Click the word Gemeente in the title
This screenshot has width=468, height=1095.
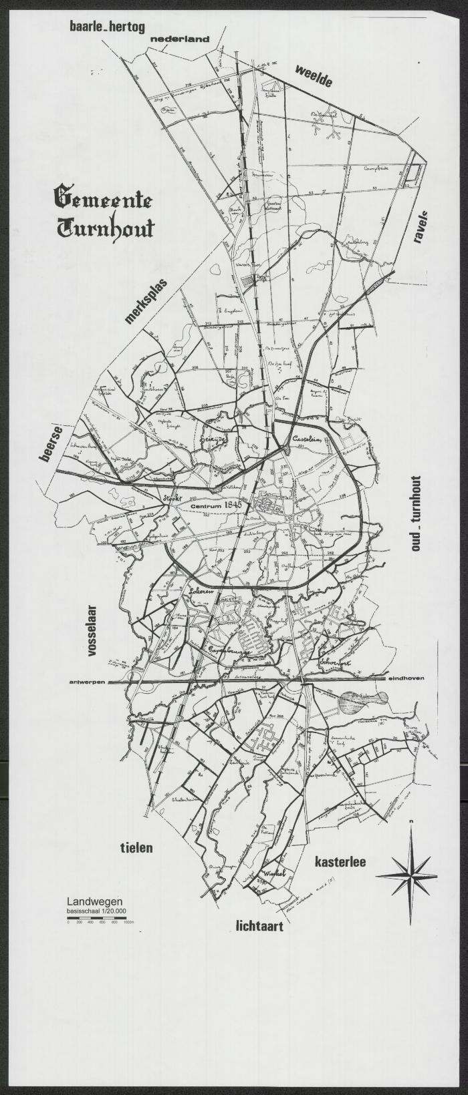pyautogui.click(x=103, y=199)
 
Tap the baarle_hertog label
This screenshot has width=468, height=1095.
pyautogui.click(x=107, y=27)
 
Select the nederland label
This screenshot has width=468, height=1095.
pyautogui.click(x=179, y=39)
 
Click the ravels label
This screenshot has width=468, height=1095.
pyautogui.click(x=422, y=228)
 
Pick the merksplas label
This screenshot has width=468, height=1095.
pyautogui.click(x=146, y=301)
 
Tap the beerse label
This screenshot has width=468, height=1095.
pyautogui.click(x=51, y=443)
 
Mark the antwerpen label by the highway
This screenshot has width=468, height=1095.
pyautogui.click(x=88, y=682)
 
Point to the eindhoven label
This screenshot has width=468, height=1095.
pyautogui.click(x=405, y=678)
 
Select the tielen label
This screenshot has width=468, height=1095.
pyautogui.click(x=136, y=848)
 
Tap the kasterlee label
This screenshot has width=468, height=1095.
pyautogui.click(x=340, y=862)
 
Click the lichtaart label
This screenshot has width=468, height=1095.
pyautogui.click(x=259, y=926)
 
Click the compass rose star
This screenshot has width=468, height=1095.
pyautogui.click(x=406, y=875)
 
